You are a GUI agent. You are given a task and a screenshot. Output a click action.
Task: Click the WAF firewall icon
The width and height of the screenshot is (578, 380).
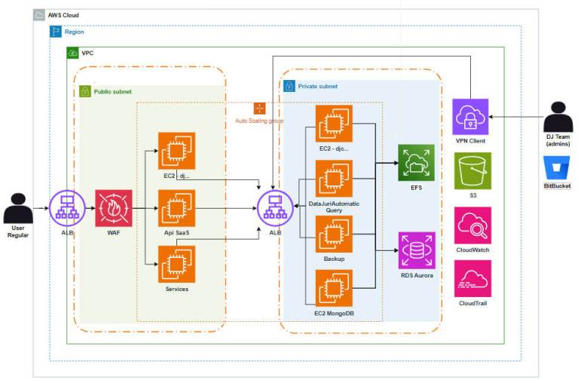click(x=114, y=207)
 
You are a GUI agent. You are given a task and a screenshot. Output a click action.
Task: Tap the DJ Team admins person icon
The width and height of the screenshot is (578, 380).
click(x=558, y=118)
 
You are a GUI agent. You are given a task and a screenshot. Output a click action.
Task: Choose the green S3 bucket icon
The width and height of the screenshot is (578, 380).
click(x=472, y=170)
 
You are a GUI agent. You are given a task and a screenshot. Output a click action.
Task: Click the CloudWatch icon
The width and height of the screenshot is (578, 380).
click(x=472, y=225)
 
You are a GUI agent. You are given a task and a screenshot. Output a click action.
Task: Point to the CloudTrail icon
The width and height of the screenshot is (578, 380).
click(x=472, y=278)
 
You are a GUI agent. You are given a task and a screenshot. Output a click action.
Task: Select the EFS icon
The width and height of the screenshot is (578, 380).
click(x=416, y=163)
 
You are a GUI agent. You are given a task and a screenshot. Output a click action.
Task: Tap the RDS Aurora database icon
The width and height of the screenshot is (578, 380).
click(x=416, y=250)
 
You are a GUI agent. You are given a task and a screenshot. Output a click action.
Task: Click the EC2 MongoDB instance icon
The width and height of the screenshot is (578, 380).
click(x=334, y=287)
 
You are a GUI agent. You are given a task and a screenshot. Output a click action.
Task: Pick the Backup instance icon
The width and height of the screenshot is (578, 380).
click(x=334, y=234)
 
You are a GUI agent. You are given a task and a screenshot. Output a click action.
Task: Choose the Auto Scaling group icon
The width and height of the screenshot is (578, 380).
click(x=260, y=109)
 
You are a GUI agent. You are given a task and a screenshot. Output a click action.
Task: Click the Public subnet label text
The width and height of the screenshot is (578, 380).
click(x=112, y=92)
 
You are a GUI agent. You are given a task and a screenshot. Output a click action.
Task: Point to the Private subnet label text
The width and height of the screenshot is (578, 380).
click(x=317, y=87)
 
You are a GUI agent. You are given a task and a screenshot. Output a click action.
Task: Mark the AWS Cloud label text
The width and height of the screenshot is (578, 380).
click(x=63, y=15)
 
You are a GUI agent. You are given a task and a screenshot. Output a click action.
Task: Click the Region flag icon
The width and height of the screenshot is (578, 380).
click(x=56, y=32)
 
